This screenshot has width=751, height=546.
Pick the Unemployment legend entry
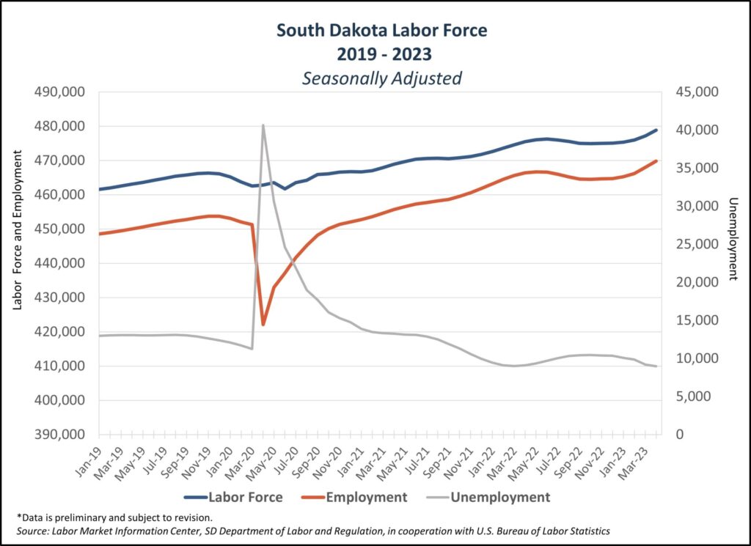(499, 497)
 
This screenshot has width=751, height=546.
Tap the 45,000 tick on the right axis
(693, 92)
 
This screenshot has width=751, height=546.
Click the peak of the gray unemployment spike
(263, 125)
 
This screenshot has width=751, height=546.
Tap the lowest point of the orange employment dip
(263, 324)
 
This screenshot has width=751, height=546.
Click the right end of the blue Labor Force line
(656, 130)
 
